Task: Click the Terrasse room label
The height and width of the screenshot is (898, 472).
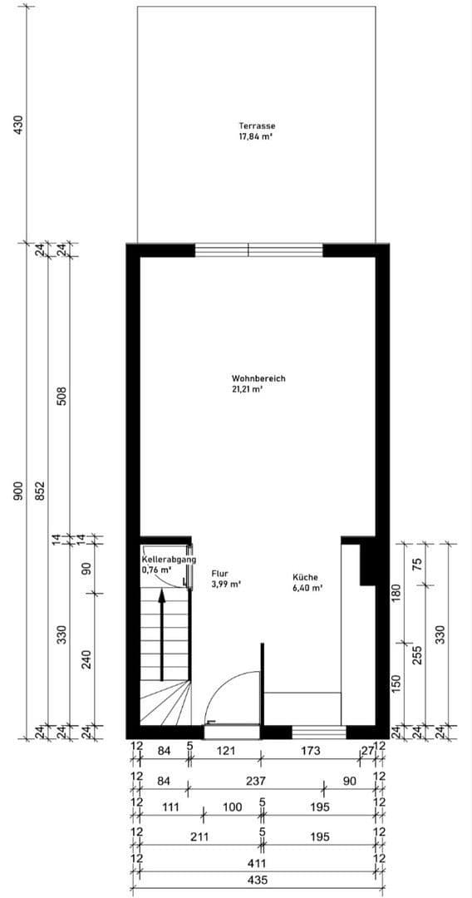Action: (257, 126)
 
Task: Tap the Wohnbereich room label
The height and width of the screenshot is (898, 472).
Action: (258, 378)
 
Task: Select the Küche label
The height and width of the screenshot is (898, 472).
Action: (304, 577)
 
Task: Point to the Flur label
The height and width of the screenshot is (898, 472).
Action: (220, 574)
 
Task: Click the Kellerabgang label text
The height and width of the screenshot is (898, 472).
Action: (169, 560)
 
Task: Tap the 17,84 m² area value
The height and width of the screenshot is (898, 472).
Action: (257, 137)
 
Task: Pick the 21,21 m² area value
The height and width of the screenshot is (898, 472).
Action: (248, 388)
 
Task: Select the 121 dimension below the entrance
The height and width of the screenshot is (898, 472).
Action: (226, 752)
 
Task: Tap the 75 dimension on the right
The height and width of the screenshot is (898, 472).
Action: (418, 563)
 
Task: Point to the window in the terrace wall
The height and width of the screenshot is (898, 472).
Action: (258, 249)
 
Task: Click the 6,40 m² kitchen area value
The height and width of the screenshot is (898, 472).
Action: (307, 587)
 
